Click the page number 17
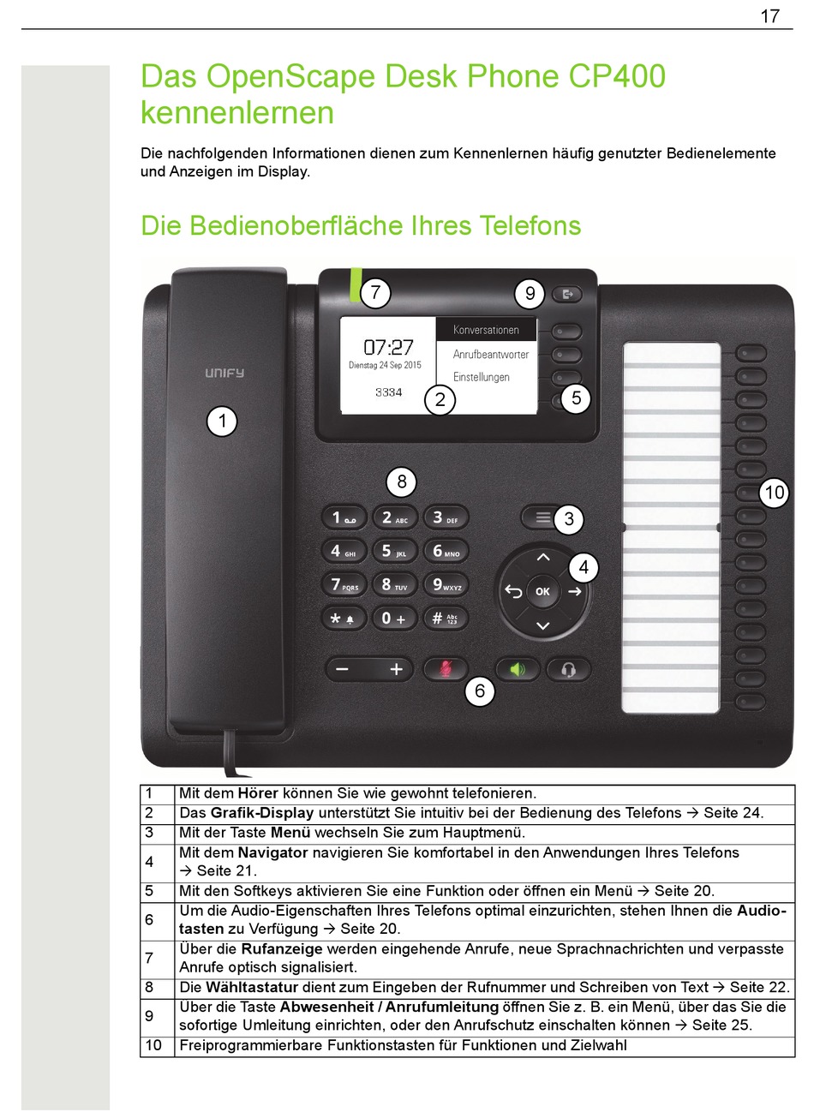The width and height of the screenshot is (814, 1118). [769, 16]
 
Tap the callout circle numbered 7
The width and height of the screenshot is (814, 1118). [374, 293]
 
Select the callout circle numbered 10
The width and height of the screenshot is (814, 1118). [774, 493]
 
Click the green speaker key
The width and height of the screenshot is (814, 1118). [518, 669]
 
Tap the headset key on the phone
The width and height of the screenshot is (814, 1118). [567, 669]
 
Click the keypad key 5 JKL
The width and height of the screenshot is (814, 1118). [393, 551]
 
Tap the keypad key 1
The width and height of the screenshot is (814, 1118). [344, 517]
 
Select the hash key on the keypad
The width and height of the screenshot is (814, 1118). [445, 618]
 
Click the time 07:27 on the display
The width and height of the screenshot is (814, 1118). [388, 347]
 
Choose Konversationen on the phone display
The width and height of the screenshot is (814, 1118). [486, 330]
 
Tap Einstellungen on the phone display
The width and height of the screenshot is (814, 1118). [481, 377]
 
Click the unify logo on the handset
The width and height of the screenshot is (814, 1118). [224, 373]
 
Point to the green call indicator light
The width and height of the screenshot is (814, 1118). [354, 285]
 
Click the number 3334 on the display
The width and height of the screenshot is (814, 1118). [388, 392]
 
